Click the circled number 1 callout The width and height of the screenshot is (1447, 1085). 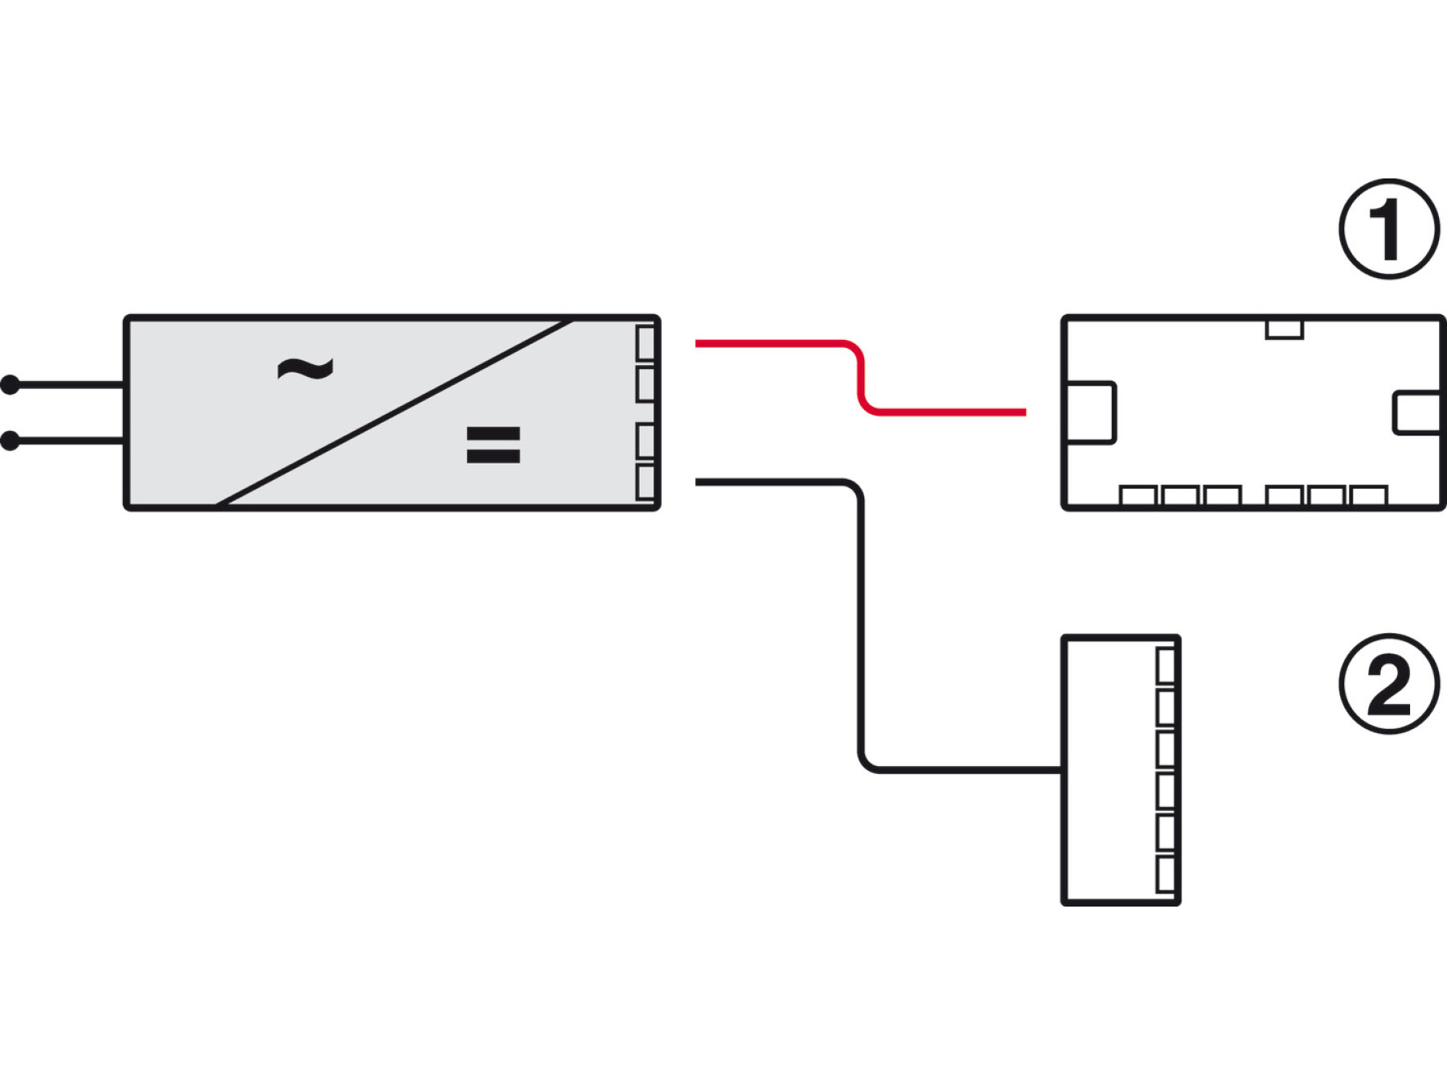[1388, 229]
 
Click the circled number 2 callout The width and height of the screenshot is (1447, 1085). [1388, 684]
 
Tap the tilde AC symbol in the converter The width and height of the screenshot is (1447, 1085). [305, 369]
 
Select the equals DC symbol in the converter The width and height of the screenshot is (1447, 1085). [493, 444]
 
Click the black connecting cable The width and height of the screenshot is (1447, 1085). [861, 627]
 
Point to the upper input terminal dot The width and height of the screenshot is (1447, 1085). [10, 385]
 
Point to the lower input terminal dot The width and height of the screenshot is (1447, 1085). [10, 440]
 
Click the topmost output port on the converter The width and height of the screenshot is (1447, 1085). [646, 343]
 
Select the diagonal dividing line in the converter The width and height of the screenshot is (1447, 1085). [394, 413]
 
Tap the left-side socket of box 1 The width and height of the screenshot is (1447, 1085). [1090, 412]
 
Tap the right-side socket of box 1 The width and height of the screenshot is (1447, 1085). [1417, 412]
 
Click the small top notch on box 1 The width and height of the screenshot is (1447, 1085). [1284, 329]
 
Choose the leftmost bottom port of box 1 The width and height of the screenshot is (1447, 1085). [1138, 495]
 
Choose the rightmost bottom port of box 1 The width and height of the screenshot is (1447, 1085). [1369, 495]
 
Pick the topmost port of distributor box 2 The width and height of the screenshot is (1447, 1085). [1166, 665]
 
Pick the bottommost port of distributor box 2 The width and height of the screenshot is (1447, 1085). [1166, 874]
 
